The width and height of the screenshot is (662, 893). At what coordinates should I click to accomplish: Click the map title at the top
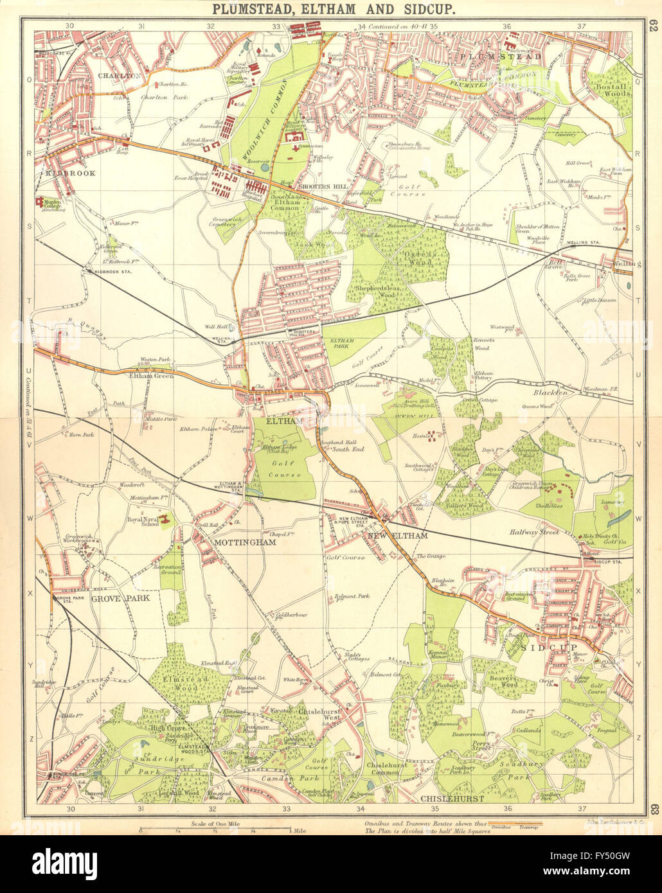click(x=332, y=9)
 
